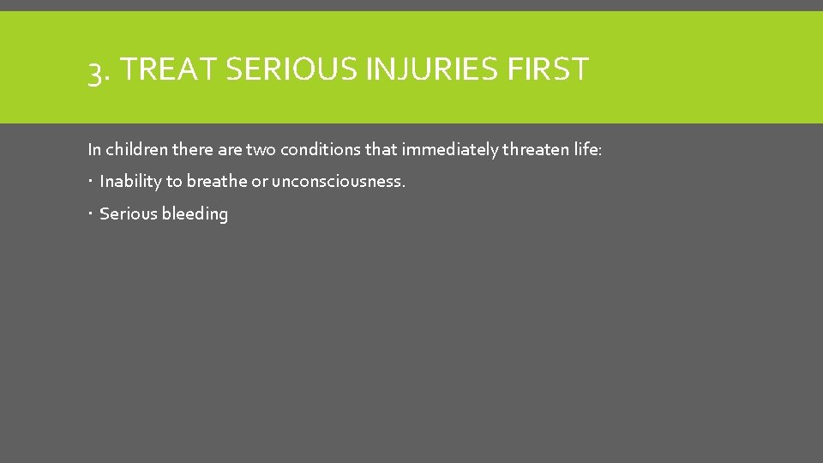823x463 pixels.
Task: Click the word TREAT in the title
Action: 167,69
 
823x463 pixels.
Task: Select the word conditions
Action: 321,150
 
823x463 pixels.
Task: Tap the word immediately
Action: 452,150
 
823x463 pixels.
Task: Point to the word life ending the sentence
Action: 591,150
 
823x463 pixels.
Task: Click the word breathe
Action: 217,182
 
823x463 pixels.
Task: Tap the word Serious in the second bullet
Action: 128,213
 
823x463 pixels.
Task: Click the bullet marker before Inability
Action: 91,182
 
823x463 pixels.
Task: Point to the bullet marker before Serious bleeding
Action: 91,213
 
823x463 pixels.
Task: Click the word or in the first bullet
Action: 259,182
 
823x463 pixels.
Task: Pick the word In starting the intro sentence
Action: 94,150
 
